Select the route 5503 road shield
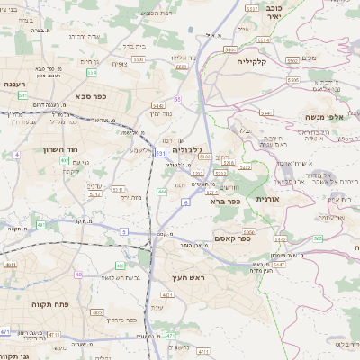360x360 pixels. (x=139, y=59)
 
